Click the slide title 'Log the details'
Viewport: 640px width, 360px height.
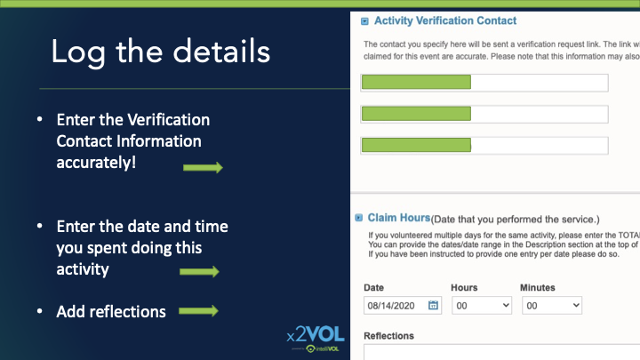pyautogui.click(x=160, y=52)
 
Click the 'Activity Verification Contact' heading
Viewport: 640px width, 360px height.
pyautogui.click(x=444, y=20)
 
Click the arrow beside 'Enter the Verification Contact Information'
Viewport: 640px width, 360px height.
pyautogui.click(x=203, y=168)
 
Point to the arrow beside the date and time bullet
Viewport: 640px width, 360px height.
pyautogui.click(x=199, y=272)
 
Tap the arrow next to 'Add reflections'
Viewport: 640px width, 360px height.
pyautogui.click(x=199, y=311)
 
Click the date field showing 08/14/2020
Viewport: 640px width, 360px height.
pyautogui.click(x=395, y=305)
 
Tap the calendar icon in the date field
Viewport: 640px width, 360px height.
pyautogui.click(x=434, y=305)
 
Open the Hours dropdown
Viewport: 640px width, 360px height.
pyautogui.click(x=481, y=305)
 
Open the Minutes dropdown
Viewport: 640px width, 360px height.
pyautogui.click(x=550, y=305)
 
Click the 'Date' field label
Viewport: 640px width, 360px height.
pyautogui.click(x=375, y=287)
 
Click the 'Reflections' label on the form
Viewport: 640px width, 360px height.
pyautogui.click(x=389, y=336)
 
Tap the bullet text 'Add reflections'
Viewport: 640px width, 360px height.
pyautogui.click(x=111, y=311)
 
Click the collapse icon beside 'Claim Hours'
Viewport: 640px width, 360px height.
pyautogui.click(x=359, y=218)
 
